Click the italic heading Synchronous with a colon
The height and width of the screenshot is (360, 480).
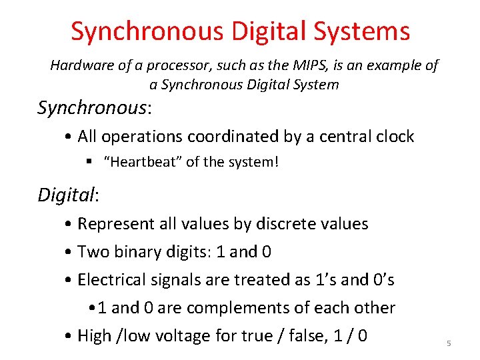coord(93,107)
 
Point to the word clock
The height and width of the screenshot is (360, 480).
coord(393,137)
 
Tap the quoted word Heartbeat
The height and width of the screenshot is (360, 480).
coord(144,162)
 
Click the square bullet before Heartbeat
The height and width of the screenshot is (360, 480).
coord(89,162)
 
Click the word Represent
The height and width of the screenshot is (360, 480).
coord(116,224)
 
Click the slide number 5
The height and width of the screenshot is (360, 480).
coord(449,343)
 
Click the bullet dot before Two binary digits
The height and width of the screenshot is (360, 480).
coord(69,253)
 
